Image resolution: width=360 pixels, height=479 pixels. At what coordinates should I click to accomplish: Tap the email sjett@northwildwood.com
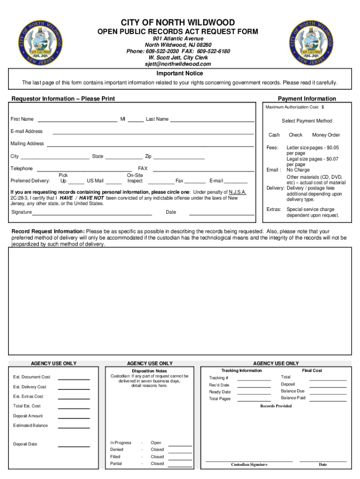(x=178, y=64)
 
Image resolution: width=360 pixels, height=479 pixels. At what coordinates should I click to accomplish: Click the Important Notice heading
(x=180, y=73)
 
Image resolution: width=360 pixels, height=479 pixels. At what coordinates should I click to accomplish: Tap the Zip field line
(x=179, y=159)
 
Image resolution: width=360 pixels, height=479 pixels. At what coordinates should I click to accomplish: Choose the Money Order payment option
(x=326, y=135)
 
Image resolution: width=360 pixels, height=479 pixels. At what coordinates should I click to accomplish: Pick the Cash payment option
(x=274, y=135)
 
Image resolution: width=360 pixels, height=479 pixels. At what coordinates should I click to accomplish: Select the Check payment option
(x=295, y=135)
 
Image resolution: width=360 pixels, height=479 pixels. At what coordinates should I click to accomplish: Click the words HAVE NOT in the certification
(x=92, y=198)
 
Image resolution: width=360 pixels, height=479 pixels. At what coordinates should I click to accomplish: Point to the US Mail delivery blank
(x=114, y=183)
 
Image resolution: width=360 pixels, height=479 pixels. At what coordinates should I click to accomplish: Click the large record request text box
(x=180, y=301)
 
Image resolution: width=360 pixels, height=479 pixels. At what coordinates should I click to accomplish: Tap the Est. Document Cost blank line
(x=73, y=379)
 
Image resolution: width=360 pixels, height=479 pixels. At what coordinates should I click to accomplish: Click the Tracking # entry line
(x=254, y=380)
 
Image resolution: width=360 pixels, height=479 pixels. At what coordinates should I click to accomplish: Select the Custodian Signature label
(x=249, y=464)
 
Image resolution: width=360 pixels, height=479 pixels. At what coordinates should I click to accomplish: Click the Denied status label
(x=117, y=450)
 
